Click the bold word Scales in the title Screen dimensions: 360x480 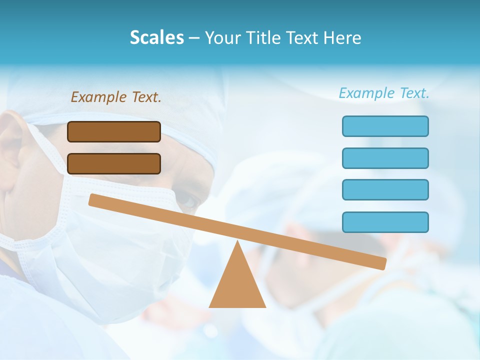(x=157, y=37)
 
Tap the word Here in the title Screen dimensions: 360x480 (x=342, y=37)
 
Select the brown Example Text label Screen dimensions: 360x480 (x=116, y=97)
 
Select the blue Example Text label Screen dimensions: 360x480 (x=384, y=93)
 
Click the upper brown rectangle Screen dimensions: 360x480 (x=114, y=131)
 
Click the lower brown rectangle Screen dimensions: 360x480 (x=114, y=163)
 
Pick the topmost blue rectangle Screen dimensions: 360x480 (x=385, y=126)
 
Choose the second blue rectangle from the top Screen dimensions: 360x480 (x=385, y=158)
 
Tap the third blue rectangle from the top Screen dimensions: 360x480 (x=385, y=190)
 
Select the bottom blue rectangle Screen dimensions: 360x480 (x=385, y=222)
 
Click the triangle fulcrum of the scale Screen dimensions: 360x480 (x=237, y=285)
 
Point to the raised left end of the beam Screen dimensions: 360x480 (x=93, y=199)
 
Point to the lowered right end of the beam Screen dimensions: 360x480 (x=382, y=263)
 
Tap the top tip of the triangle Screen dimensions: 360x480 (x=237, y=242)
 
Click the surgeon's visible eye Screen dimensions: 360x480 (x=188, y=201)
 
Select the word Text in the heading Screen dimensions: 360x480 (x=305, y=37)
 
